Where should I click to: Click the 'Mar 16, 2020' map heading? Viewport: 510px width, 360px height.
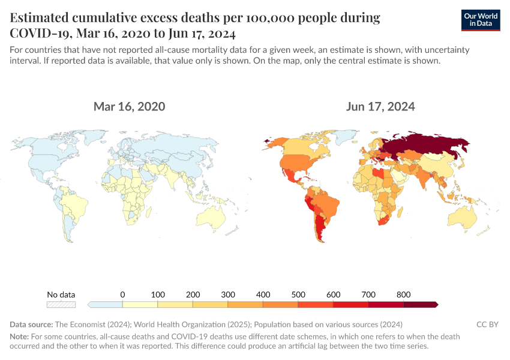click(x=129, y=107)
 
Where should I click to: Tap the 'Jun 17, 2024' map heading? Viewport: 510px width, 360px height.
click(x=380, y=107)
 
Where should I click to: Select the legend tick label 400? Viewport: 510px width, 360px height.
click(x=263, y=295)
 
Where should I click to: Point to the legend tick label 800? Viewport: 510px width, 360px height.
click(x=403, y=295)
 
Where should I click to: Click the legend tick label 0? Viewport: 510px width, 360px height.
click(x=122, y=295)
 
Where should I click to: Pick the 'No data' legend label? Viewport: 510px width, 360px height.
click(x=61, y=295)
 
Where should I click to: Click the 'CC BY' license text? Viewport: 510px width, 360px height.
click(x=487, y=325)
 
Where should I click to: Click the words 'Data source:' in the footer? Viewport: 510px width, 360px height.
click(x=31, y=325)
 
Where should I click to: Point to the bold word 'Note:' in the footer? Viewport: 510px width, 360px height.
click(x=19, y=337)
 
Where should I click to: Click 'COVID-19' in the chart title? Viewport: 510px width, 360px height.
click(x=41, y=32)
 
